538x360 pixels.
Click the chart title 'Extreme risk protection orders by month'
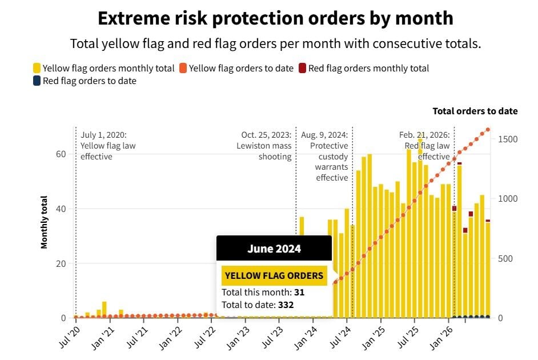pyautogui.click(x=275, y=18)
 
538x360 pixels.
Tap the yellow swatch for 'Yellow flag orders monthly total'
pyautogui.click(x=37, y=68)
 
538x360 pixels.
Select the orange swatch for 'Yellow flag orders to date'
pyautogui.click(x=183, y=68)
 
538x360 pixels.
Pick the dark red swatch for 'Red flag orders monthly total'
pyautogui.click(x=302, y=68)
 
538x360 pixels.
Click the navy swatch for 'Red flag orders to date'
pyautogui.click(x=37, y=81)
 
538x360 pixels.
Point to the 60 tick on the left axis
pyautogui.click(x=61, y=154)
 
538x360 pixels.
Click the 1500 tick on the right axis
pyautogui.click(x=508, y=139)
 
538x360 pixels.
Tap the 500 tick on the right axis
pyautogui.click(x=505, y=258)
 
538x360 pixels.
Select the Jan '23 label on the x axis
pyautogui.click(x=238, y=338)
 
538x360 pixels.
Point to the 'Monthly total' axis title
pyautogui.click(x=44, y=222)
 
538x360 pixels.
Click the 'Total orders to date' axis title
pyautogui.click(x=475, y=111)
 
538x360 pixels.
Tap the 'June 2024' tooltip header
pyautogui.click(x=274, y=249)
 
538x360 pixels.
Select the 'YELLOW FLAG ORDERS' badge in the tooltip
pyautogui.click(x=274, y=275)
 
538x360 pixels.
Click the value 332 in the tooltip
pyautogui.click(x=286, y=305)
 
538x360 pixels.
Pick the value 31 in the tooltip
pyautogui.click(x=299, y=292)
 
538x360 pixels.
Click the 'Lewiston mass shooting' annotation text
pyautogui.click(x=264, y=151)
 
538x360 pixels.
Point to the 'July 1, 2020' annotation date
pyautogui.click(x=103, y=135)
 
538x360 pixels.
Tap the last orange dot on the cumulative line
pyautogui.click(x=488, y=130)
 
